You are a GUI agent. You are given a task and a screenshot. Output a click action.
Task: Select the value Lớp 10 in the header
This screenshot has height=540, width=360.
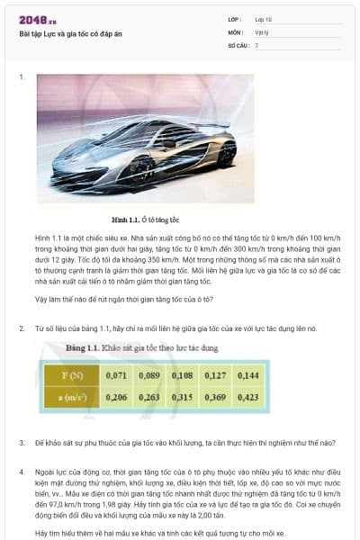pos(264,19)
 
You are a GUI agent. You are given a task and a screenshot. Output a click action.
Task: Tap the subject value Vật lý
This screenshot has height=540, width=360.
pos(261,31)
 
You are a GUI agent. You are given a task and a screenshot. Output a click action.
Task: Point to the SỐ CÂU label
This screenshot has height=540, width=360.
pos(237,44)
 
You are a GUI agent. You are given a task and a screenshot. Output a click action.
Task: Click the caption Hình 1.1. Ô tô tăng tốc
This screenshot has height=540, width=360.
pos(146,219)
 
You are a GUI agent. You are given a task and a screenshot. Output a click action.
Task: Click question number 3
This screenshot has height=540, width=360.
pos(22,443)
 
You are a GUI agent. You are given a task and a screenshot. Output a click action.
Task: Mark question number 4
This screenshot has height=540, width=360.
pos(22,471)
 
